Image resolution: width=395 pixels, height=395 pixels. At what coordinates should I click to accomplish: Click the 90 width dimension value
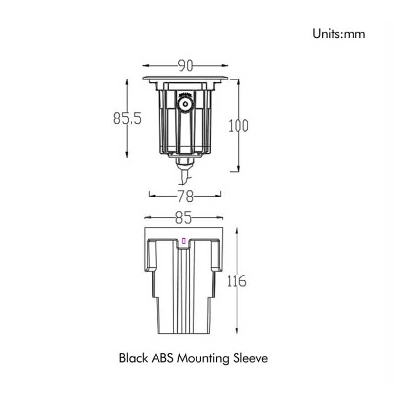coord(186,66)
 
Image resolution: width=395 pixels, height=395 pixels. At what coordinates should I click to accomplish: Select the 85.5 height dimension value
coord(127,118)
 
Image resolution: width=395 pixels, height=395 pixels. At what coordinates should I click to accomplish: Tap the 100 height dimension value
coord(238,126)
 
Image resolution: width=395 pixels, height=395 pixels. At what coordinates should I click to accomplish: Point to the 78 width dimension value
coord(186,196)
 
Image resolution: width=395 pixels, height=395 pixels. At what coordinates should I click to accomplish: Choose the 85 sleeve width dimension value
coord(183,218)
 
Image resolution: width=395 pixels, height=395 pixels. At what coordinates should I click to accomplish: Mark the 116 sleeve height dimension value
coord(237,281)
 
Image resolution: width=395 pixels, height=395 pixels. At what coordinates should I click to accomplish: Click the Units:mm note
coord(339,34)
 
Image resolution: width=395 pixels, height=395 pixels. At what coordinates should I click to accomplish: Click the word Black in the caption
coord(133,358)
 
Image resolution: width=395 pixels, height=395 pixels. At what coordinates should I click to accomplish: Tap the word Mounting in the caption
coord(203,359)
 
